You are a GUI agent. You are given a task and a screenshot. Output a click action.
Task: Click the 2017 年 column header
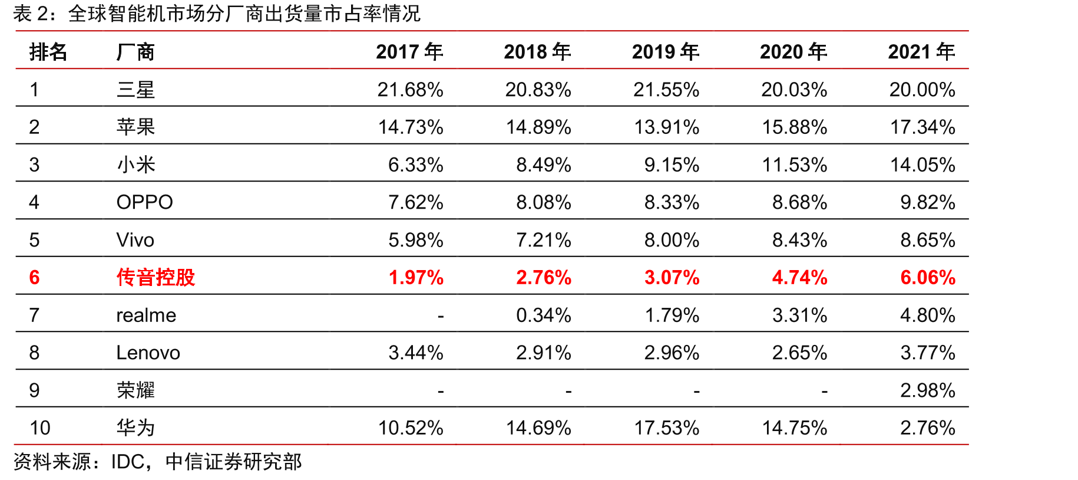[x=409, y=52]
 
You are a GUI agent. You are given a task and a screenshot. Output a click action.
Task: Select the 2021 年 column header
[x=921, y=52]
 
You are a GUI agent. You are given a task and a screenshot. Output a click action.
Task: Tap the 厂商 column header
[x=135, y=52]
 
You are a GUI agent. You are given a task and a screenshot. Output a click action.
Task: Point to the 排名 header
[x=48, y=52]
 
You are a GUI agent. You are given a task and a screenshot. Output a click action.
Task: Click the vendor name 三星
[x=135, y=90]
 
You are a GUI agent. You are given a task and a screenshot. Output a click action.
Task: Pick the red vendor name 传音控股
[x=156, y=277]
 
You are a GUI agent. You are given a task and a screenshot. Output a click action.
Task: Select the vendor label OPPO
[x=144, y=202]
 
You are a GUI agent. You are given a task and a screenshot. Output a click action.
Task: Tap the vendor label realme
[x=146, y=315]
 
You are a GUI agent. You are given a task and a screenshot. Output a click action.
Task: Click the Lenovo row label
[x=148, y=353]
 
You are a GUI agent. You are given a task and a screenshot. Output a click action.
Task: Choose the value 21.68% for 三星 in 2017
[x=410, y=90]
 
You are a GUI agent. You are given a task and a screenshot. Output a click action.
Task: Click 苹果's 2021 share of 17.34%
[x=922, y=127]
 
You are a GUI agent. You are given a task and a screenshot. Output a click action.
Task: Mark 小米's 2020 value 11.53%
[x=795, y=165]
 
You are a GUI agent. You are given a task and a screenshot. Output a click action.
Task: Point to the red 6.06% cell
[x=928, y=277]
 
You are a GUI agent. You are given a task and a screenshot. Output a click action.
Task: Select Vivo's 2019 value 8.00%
[x=672, y=240]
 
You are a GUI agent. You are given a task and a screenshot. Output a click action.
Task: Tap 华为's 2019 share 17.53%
[x=667, y=428]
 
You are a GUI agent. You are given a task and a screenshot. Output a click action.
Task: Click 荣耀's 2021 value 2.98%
[x=928, y=390]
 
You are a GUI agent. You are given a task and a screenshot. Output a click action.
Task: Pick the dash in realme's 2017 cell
[x=441, y=317]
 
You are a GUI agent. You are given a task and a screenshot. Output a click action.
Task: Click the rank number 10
[x=39, y=428]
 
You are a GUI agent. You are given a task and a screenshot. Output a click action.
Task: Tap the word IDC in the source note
[x=128, y=462]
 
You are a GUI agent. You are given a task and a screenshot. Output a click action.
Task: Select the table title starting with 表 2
[x=217, y=14]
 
